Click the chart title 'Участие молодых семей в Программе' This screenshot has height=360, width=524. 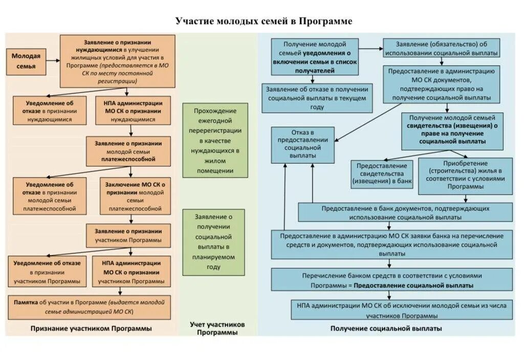point(264,21)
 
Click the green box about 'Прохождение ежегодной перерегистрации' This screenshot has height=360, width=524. point(215,140)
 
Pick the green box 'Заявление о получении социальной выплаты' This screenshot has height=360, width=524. point(213,242)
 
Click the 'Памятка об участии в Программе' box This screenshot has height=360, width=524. point(90,306)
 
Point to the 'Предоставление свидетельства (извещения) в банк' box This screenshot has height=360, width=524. point(382,174)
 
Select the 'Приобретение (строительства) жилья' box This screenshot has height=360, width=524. point(465,175)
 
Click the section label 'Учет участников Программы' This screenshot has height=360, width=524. point(217,328)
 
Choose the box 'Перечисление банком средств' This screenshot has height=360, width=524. point(391,280)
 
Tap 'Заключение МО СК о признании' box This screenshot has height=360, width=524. point(135,196)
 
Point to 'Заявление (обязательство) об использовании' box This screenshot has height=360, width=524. point(441,48)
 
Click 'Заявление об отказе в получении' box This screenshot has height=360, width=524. point(317,98)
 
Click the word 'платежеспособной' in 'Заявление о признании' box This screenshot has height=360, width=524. point(128,160)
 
